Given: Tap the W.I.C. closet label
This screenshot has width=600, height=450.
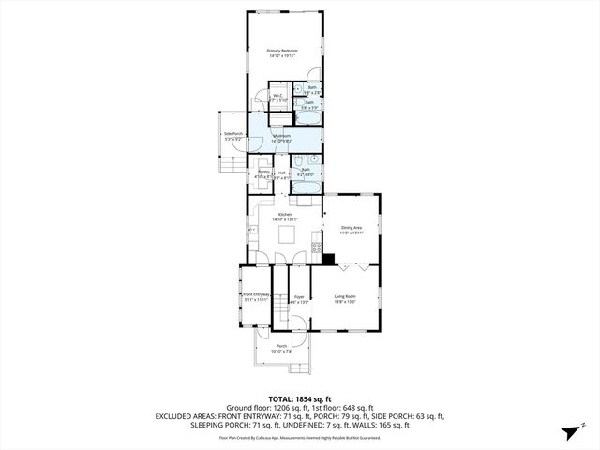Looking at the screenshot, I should pos(278,97).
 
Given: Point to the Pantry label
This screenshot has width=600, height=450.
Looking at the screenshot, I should pos(264,173).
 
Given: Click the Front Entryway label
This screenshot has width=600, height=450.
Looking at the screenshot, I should pos(256,295).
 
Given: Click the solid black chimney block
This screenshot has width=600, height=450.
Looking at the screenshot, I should pos(329,259).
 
